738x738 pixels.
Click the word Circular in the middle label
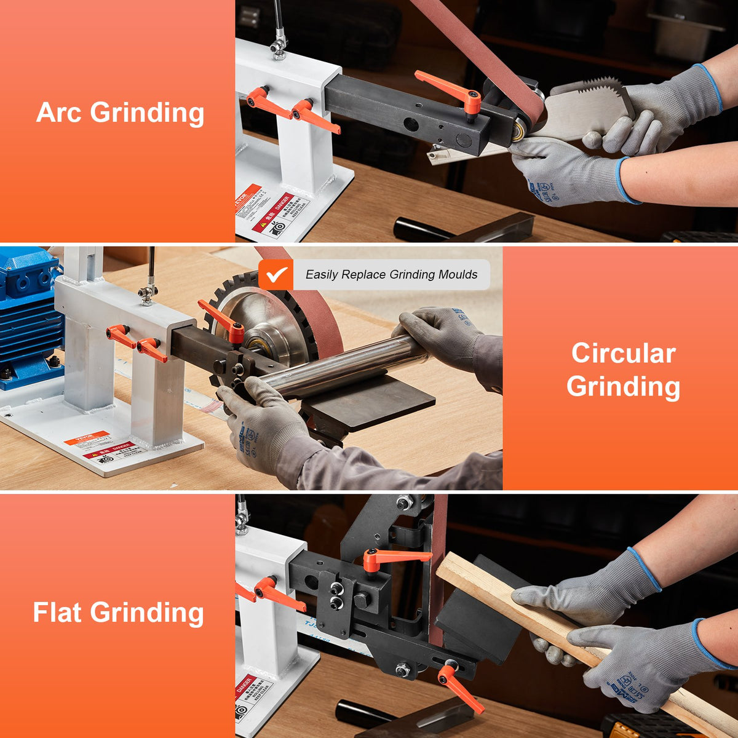coord(623,353)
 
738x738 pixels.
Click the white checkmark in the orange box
coord(276,274)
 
